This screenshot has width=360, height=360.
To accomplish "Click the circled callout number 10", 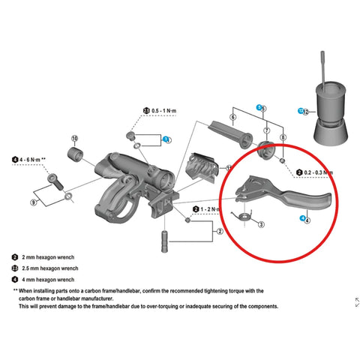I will [x=74, y=139].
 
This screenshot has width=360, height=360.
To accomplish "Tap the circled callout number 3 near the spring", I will [x=260, y=223].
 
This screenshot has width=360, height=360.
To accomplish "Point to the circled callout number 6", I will [x=234, y=118].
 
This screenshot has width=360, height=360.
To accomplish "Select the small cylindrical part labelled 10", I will [x=77, y=158].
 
